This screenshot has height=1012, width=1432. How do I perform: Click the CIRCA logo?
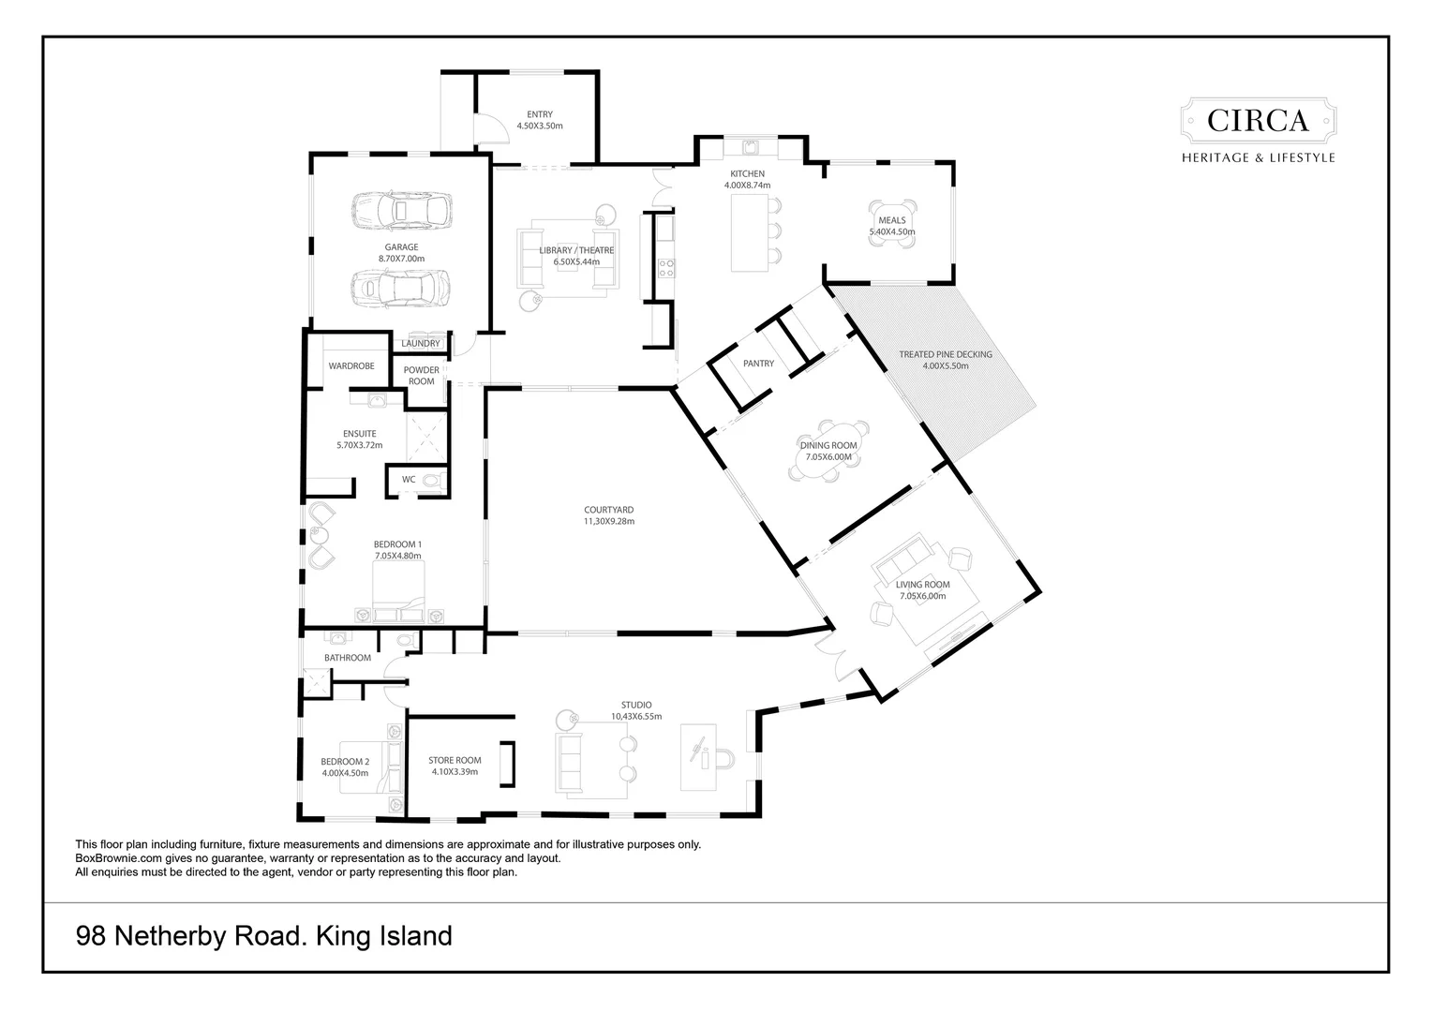pos(1258,130)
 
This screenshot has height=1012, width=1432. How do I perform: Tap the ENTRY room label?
pos(540,114)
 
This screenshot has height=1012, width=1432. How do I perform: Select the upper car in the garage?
pos(401,210)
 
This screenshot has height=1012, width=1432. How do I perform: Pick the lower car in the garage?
pos(400,289)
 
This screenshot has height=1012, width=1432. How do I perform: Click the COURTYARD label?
pos(608,510)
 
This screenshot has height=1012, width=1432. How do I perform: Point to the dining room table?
pos(828,452)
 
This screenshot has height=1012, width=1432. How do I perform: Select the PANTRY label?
pos(759,364)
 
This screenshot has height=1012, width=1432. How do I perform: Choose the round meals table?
pos(892,224)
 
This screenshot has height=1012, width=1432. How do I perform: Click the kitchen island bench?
pos(749,232)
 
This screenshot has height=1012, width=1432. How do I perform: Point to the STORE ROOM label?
pos(455,760)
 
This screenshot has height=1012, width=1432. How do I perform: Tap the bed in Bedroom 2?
pos(365,767)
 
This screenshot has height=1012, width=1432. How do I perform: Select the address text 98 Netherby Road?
pos(188,936)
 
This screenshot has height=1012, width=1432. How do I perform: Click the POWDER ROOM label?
pos(422,375)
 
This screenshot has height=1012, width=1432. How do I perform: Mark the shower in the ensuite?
pos(427,438)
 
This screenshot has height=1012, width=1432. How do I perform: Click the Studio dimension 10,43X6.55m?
pos(636,716)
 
